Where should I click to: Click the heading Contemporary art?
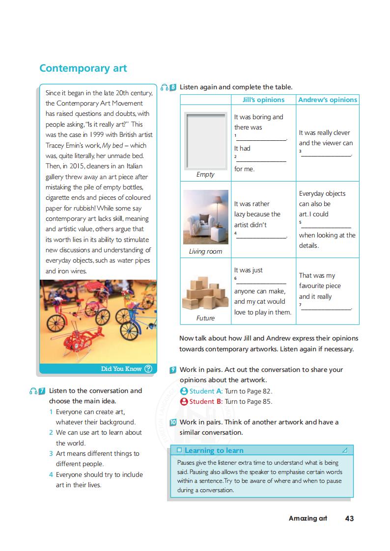tap(83, 68)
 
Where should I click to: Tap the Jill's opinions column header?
tap(263, 100)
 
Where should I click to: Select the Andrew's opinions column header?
tap(328, 100)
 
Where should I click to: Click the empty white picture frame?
tap(205, 140)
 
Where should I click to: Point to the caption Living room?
tap(205, 252)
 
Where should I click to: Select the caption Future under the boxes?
tap(205, 318)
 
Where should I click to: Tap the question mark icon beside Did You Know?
tap(148, 369)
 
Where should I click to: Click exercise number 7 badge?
tap(42, 391)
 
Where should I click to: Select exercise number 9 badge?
tap(172, 370)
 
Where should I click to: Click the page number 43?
tap(349, 518)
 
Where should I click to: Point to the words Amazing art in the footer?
tap(307, 518)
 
